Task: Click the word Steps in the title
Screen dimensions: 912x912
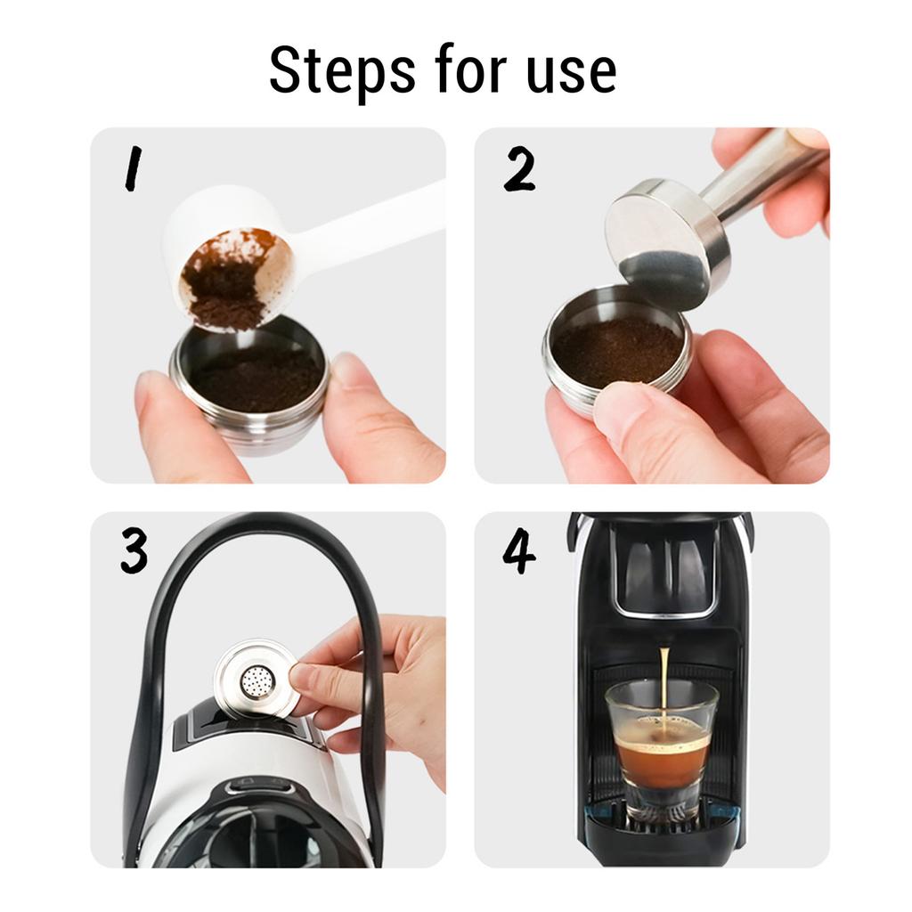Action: (342, 71)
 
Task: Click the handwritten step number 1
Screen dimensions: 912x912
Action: (134, 168)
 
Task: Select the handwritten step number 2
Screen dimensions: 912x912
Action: (519, 168)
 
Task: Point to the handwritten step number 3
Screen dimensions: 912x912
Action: (134, 550)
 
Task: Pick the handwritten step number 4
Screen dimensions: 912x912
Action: (519, 550)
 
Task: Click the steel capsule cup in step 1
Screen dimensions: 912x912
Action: (250, 387)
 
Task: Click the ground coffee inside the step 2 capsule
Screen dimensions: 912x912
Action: (616, 350)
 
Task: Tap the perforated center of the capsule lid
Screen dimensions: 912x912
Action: (256, 681)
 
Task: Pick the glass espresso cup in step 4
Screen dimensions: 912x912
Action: (662, 750)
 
